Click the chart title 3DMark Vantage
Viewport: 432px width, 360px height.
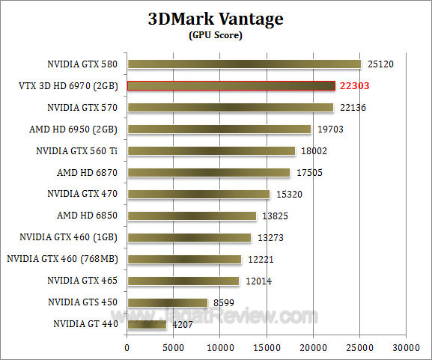tap(216, 19)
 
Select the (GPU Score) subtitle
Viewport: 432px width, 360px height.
tap(216, 35)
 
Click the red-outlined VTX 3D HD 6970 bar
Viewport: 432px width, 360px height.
tap(231, 86)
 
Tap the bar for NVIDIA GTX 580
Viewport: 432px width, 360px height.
tap(243, 64)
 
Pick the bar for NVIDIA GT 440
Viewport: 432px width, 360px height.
tap(147, 325)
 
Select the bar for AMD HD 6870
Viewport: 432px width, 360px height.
tap(208, 173)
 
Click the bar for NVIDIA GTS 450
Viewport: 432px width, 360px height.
tap(167, 303)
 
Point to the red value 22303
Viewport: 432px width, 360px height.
tap(356, 86)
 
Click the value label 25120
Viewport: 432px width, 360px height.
tap(380, 64)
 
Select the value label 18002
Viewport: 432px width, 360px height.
tap(314, 151)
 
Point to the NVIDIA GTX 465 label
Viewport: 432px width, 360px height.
tap(84, 281)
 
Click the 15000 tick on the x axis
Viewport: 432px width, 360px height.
tap(266, 348)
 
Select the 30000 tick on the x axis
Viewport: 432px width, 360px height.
tap(406, 348)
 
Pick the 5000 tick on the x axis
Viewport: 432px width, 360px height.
tap(173, 348)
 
